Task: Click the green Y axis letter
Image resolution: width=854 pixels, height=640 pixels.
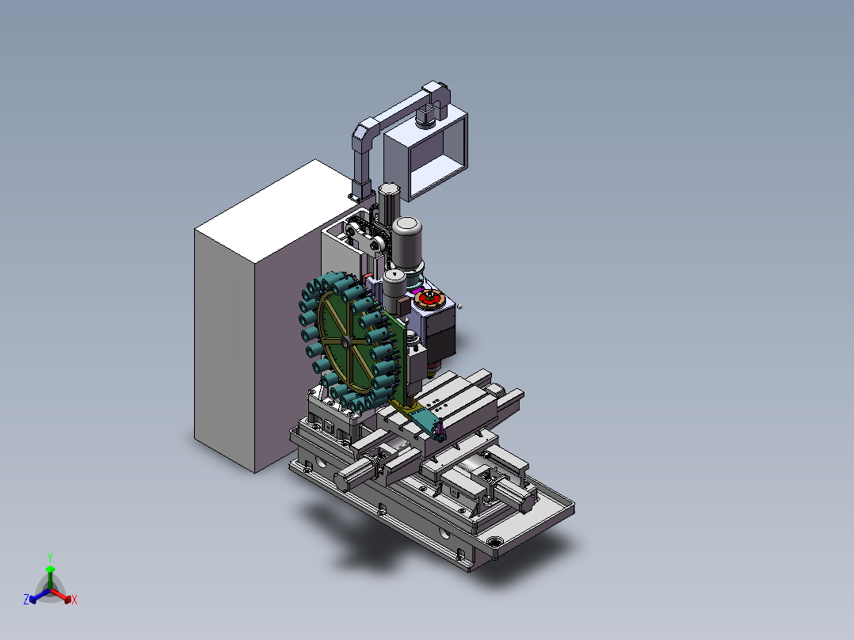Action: coord(50,557)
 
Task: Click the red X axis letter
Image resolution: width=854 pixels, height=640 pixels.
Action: coord(74,600)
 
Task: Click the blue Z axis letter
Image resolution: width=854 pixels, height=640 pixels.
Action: coord(26,600)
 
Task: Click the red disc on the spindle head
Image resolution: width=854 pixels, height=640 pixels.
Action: coord(429,299)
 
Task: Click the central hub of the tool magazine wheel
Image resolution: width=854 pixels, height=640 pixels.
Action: coord(345,342)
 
